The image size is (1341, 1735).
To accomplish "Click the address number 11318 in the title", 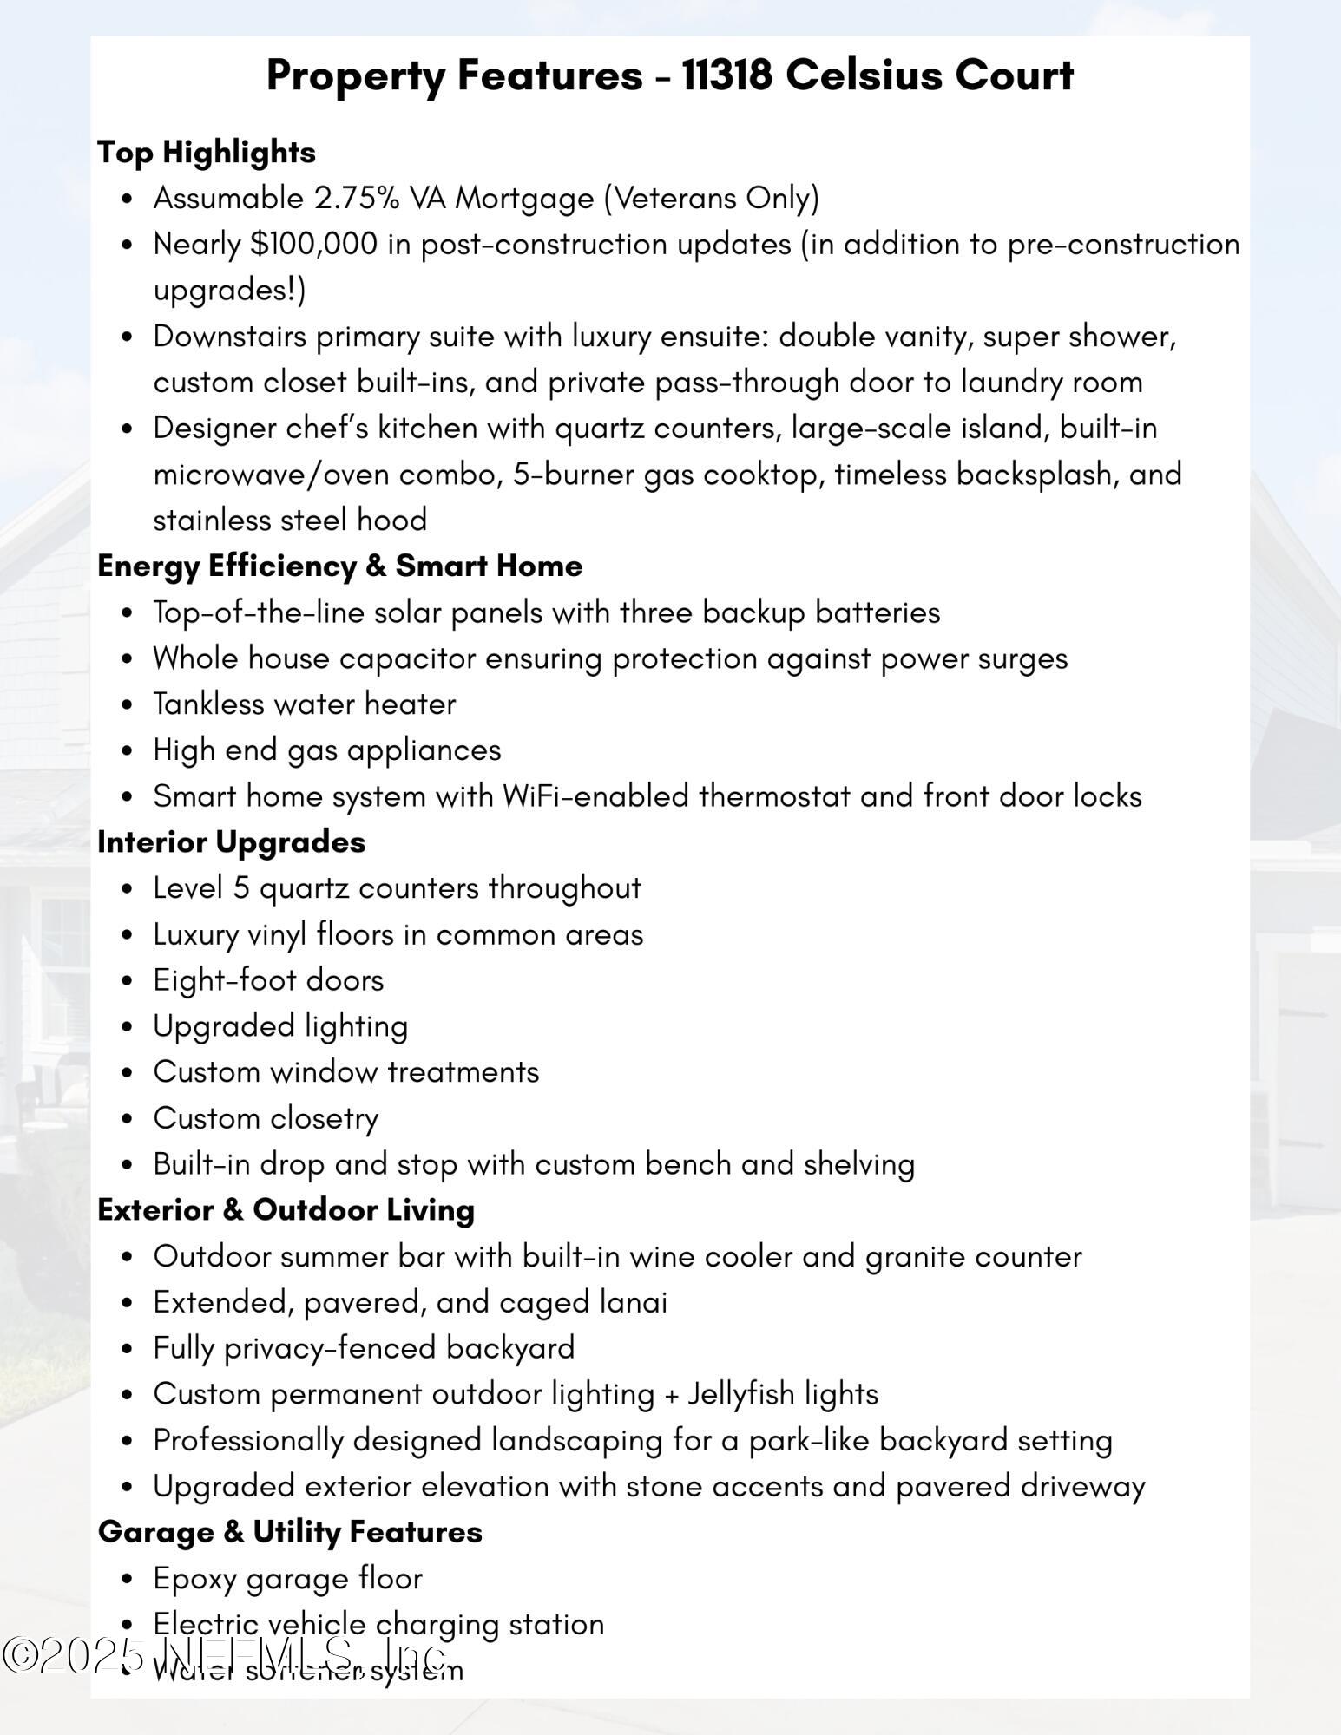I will tap(726, 75).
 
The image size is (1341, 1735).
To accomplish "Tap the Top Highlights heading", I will tap(207, 152).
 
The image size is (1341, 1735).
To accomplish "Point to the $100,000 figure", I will tap(314, 245).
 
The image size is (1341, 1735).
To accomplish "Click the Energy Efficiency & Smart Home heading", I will tap(339, 566).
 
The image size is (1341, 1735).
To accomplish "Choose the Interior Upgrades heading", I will tap(231, 841).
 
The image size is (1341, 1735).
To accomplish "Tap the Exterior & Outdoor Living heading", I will tap(286, 1209).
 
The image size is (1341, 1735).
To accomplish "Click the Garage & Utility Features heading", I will tap(290, 1531).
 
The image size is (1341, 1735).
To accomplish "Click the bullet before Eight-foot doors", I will tap(128, 981).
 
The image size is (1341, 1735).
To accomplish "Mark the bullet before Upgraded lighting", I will tap(128, 1027).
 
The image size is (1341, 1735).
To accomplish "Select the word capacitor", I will tap(407, 658).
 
